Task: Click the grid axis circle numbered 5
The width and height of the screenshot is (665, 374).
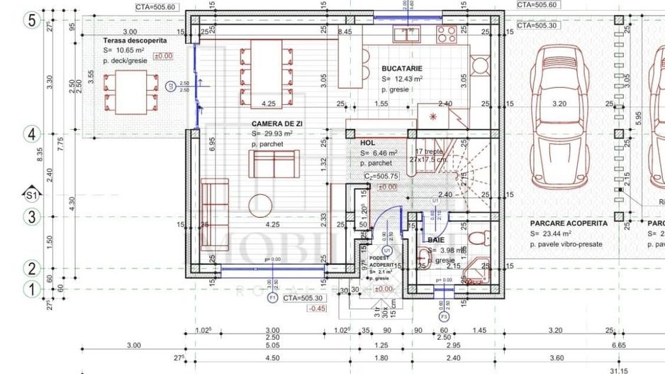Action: click(31, 20)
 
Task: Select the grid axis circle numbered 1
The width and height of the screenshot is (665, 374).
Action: click(31, 289)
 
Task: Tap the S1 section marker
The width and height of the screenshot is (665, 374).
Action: click(31, 194)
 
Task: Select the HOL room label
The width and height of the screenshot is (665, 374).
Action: click(367, 143)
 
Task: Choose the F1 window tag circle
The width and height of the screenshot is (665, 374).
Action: click(272, 299)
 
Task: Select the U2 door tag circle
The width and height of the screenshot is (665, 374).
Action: click(171, 87)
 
